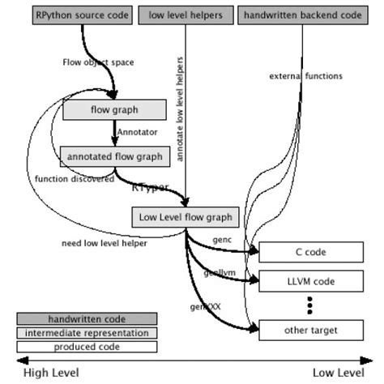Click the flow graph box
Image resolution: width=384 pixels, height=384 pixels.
(113, 110)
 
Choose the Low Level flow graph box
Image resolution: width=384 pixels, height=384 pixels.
(186, 217)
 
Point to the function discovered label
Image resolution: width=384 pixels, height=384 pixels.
(75, 179)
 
